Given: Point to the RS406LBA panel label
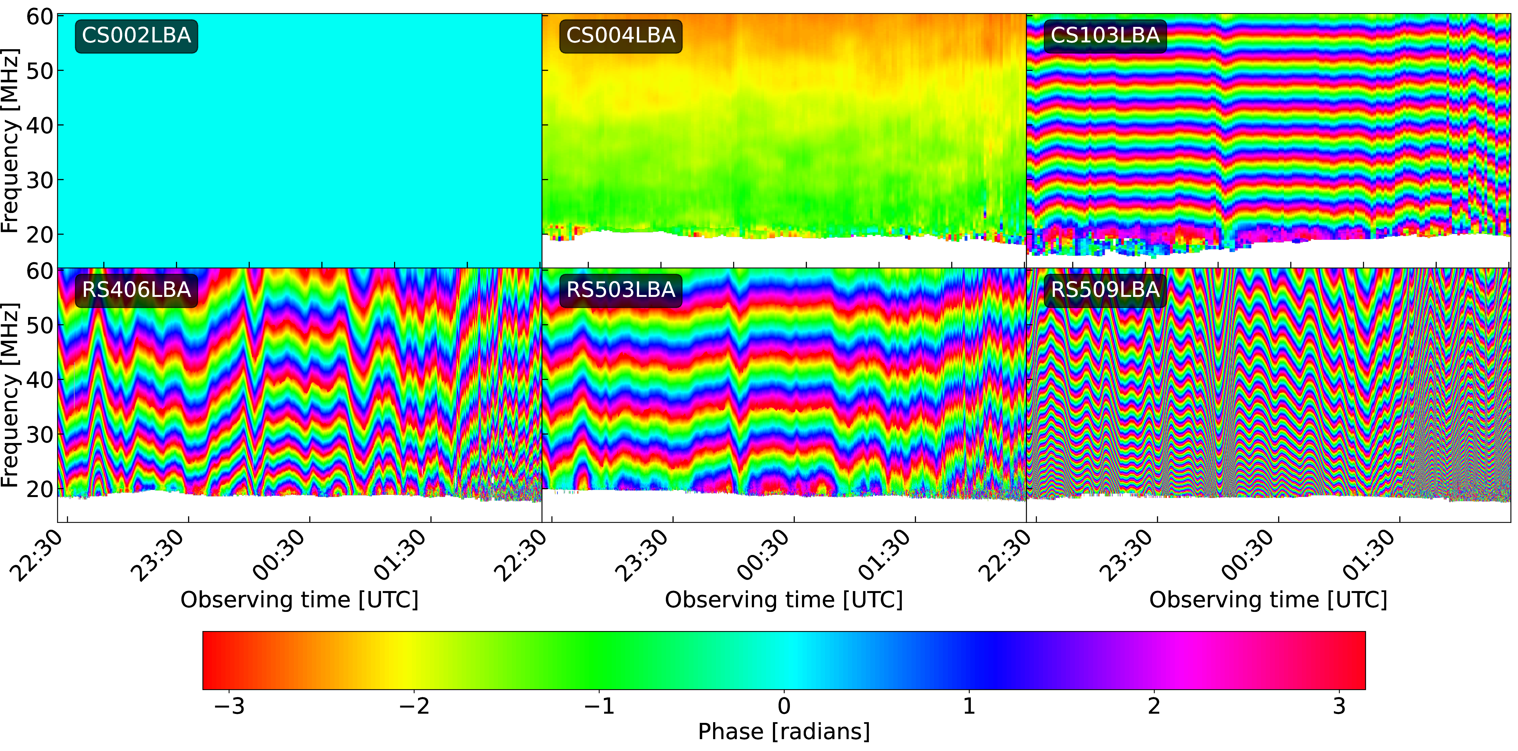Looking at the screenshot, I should (136, 290).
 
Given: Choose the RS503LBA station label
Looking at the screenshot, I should (621, 290).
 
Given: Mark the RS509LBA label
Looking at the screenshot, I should (1105, 290).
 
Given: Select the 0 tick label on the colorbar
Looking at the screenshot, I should (784, 706).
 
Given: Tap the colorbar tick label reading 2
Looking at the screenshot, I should (1154, 706).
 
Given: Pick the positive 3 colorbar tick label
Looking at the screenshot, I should (1339, 706).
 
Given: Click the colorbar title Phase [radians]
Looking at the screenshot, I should (784, 732).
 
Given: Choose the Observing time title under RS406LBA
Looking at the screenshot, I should (299, 600).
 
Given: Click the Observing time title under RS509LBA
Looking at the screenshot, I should (1268, 600).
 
